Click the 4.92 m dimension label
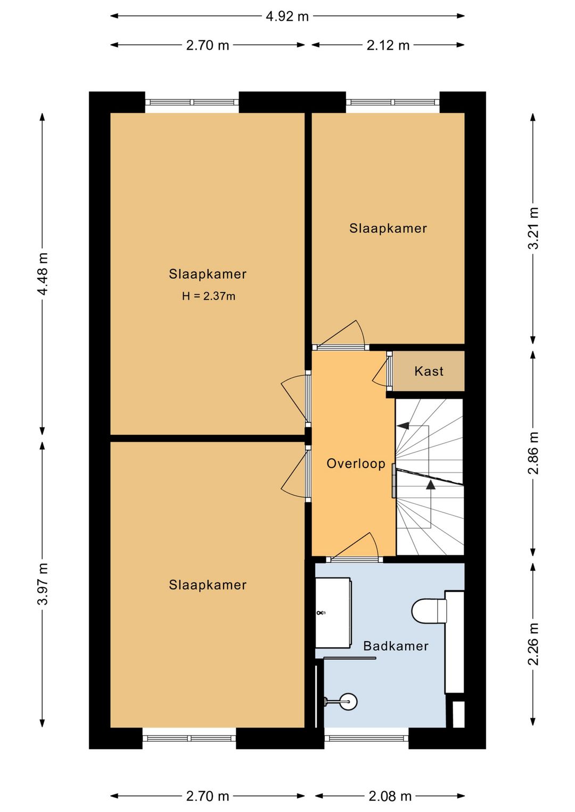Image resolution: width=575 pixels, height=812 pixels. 287,16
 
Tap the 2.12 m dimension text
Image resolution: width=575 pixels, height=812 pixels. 388,45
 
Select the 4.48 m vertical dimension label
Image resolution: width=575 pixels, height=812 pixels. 43,274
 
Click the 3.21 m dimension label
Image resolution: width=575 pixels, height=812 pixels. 532,228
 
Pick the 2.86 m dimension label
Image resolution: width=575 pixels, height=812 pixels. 532,453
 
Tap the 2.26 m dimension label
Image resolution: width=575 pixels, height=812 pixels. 532,644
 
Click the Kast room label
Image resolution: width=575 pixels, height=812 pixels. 429,371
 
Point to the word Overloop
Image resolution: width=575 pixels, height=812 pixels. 356,463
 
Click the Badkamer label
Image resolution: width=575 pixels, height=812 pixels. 396,646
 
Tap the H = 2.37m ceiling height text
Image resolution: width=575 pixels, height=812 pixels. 209,296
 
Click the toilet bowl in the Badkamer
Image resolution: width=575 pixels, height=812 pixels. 429,611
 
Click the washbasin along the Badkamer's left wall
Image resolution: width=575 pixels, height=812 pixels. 333,614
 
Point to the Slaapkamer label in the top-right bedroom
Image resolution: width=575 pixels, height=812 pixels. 388,228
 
